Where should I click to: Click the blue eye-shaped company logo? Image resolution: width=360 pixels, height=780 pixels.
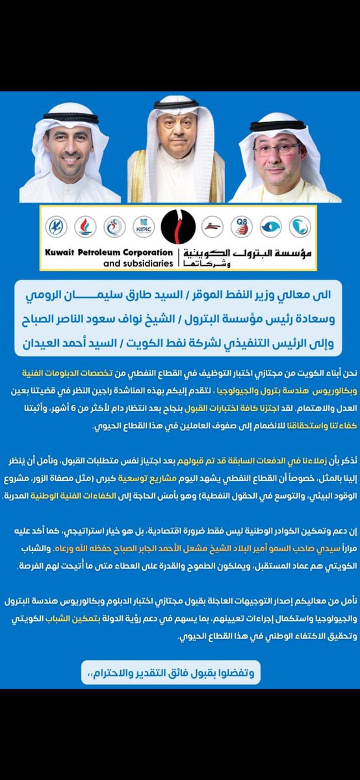coord(270,226)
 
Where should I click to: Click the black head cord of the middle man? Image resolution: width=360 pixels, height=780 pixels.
coord(176,104)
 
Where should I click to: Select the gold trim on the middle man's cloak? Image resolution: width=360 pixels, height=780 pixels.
coord(138,175)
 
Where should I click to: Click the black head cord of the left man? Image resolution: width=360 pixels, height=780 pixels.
coord(71,118)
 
